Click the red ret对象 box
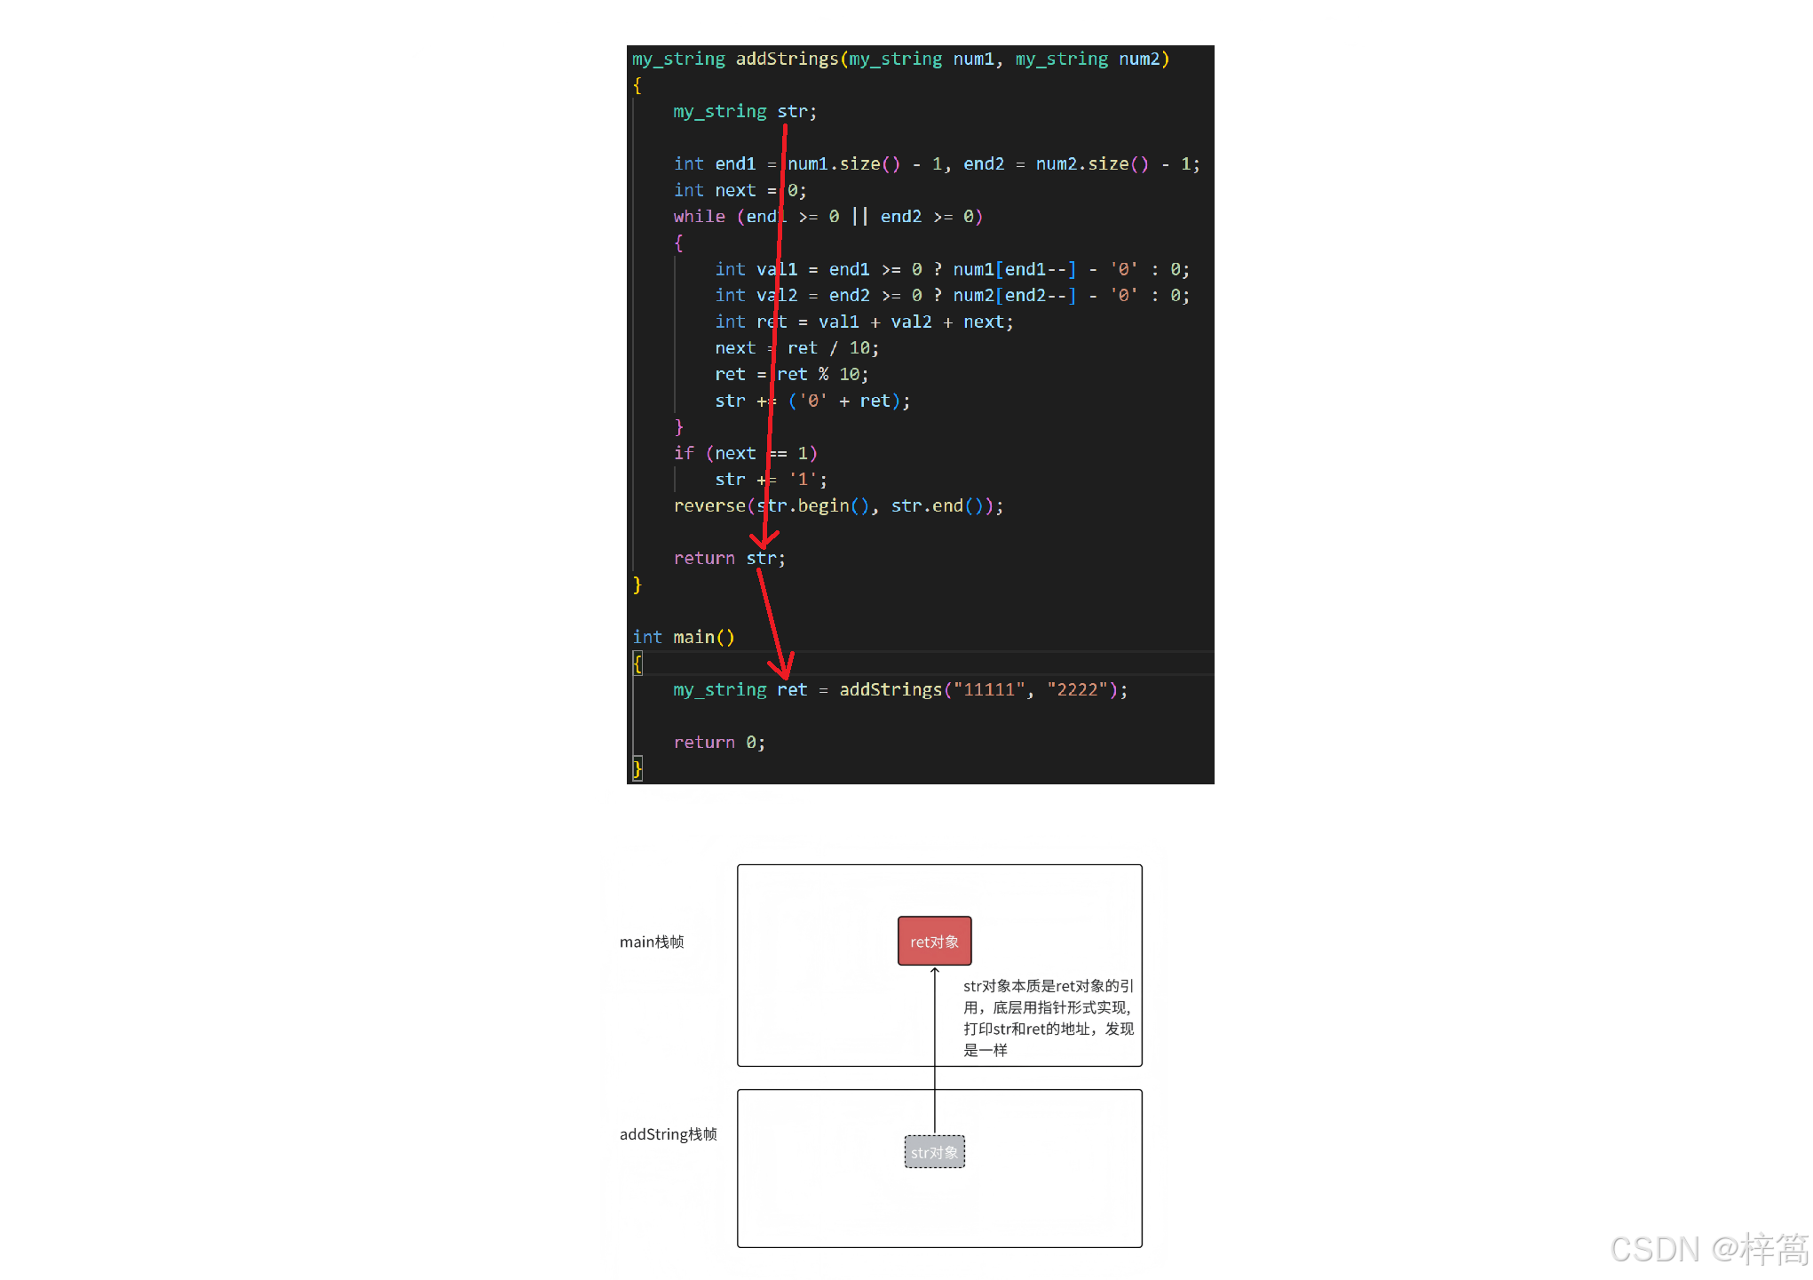(934, 941)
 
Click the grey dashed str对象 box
(934, 1152)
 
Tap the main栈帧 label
(652, 942)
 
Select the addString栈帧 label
(668, 1134)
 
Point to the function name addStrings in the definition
(787, 59)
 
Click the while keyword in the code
(699, 217)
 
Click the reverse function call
(709, 506)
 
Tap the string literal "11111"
(988, 690)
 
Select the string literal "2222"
(1077, 690)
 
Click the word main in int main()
(693, 638)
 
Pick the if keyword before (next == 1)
(684, 454)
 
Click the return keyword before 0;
(704, 743)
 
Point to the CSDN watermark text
(1708, 1249)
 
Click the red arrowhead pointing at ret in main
(783, 668)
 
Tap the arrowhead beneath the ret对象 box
(935, 971)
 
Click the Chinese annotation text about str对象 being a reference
(1048, 1018)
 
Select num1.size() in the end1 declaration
(843, 164)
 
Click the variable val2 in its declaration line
(777, 296)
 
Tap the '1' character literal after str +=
(803, 480)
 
